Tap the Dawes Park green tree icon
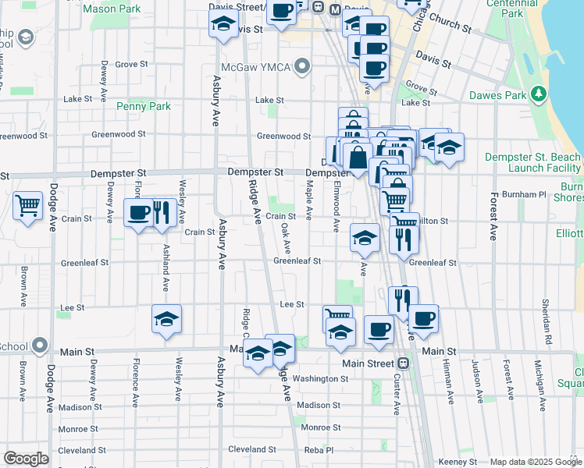[538, 94]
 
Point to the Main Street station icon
[404, 363]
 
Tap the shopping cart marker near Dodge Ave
[28, 207]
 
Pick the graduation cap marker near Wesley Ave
[166, 319]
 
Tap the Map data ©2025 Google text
[536, 462]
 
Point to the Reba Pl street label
[319, 450]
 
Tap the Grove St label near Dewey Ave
[131, 64]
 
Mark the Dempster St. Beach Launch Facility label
[532, 162]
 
